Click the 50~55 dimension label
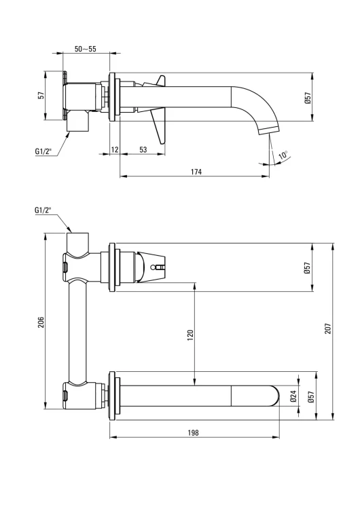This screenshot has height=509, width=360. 85,49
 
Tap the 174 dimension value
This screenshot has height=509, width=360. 196,172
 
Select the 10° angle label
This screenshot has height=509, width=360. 283,155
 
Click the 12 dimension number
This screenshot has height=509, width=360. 115,150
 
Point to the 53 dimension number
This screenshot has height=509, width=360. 143,150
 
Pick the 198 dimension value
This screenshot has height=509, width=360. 193,433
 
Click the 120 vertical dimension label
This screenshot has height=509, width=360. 190,335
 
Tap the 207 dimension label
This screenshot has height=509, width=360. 327,329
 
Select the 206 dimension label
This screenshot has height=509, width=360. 41,322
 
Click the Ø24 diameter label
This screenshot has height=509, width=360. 293,396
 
